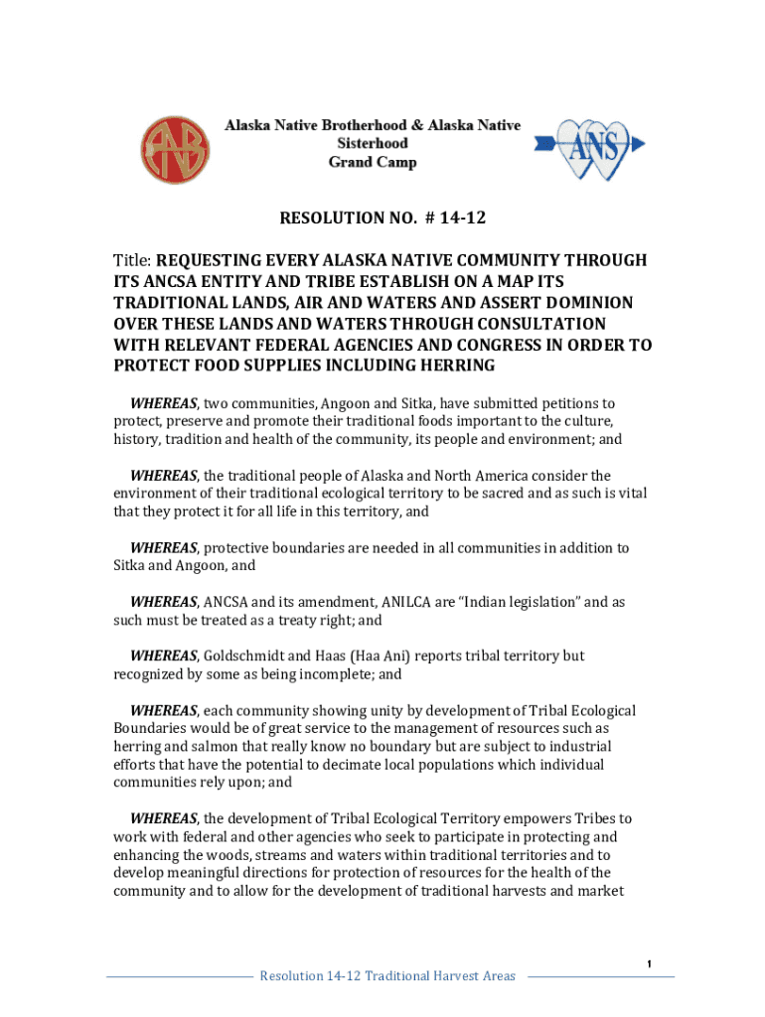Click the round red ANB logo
coord(175,149)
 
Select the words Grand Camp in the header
coord(373,162)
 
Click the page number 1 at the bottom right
coord(648,964)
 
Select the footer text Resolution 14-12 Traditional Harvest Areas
coord(387,976)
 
